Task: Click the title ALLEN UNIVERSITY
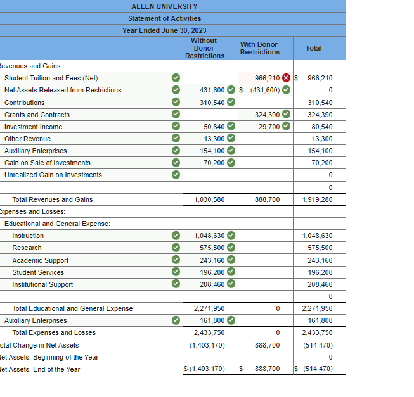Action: click(x=164, y=6)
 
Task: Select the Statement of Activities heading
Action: click(x=164, y=18)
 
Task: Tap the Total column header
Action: click(x=313, y=48)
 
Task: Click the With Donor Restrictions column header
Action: click(x=259, y=48)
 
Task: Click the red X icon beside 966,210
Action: click(x=286, y=78)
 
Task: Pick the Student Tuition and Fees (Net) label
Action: click(x=51, y=78)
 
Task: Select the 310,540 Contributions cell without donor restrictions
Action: click(x=212, y=103)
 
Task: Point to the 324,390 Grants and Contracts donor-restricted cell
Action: click(x=267, y=115)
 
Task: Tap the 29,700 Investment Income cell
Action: click(x=269, y=127)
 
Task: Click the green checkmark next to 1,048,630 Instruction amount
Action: click(x=231, y=236)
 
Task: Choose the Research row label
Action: click(x=27, y=248)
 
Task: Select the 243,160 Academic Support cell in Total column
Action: click(x=320, y=260)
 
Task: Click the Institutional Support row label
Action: click(x=42, y=284)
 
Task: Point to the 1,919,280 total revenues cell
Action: click(x=317, y=199)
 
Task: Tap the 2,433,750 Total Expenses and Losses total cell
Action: click(x=317, y=332)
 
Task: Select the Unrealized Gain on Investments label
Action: click(x=53, y=175)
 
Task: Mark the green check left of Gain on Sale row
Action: click(x=176, y=163)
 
